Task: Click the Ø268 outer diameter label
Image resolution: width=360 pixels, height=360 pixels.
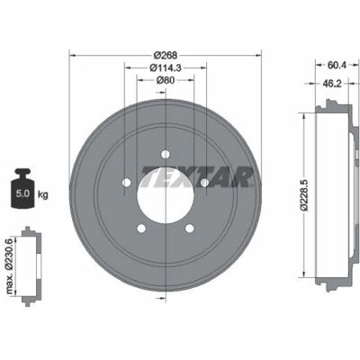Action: click(166, 56)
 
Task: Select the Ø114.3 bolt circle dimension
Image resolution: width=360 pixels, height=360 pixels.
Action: click(166, 68)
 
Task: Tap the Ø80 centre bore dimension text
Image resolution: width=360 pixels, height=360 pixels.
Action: click(166, 80)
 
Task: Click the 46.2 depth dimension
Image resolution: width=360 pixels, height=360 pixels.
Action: click(332, 84)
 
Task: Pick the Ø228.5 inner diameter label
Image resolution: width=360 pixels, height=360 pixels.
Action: click(305, 195)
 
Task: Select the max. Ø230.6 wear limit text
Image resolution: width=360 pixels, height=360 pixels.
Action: click(10, 265)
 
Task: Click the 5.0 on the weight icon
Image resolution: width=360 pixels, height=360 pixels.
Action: click(22, 193)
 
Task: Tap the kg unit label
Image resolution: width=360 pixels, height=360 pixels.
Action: click(42, 194)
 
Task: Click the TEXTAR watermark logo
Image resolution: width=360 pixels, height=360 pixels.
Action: click(196, 176)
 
